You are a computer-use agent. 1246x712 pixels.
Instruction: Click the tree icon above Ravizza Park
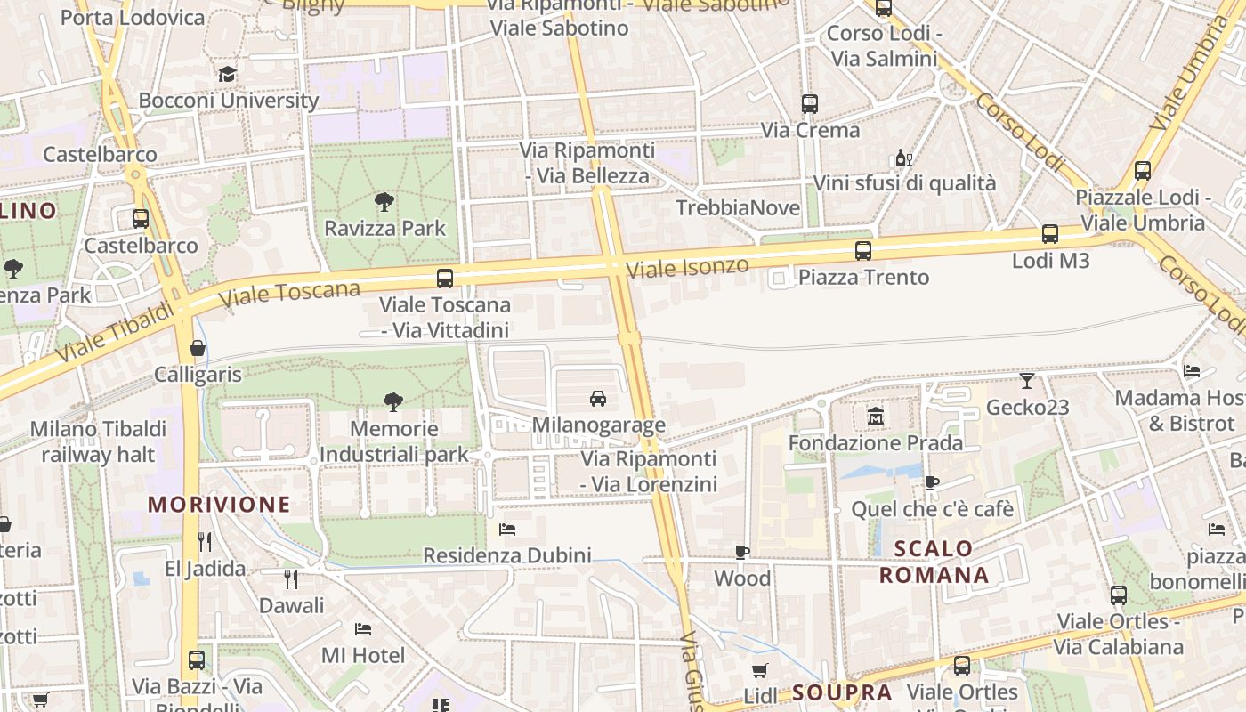[x=384, y=202]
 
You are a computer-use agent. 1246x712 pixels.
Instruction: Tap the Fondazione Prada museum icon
[x=876, y=416]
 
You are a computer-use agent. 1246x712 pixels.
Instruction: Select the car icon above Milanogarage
[x=598, y=398]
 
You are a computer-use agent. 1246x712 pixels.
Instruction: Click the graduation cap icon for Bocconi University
[x=228, y=74]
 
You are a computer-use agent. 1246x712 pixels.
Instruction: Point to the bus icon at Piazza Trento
[x=862, y=251]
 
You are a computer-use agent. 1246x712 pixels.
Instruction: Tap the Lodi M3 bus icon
[x=1050, y=234]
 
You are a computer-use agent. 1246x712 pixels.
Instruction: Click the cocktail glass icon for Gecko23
[x=1027, y=381]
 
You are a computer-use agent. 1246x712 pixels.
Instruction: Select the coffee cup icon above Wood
[x=742, y=553]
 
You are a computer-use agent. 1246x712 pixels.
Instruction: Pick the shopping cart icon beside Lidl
[x=759, y=670]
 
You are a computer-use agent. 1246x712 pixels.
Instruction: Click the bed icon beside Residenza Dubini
[x=507, y=530]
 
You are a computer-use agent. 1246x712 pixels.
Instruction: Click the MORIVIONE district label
[x=219, y=505]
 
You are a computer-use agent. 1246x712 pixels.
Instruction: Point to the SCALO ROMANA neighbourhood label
[x=934, y=562]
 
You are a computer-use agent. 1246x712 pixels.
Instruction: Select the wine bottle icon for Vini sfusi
[x=903, y=158]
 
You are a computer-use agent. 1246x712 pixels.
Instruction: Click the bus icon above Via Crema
[x=809, y=104]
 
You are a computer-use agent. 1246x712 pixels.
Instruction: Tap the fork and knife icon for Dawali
[x=290, y=579]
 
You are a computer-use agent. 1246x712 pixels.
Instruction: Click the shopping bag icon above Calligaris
[x=198, y=348]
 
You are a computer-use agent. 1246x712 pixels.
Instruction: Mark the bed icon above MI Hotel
[x=362, y=629]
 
